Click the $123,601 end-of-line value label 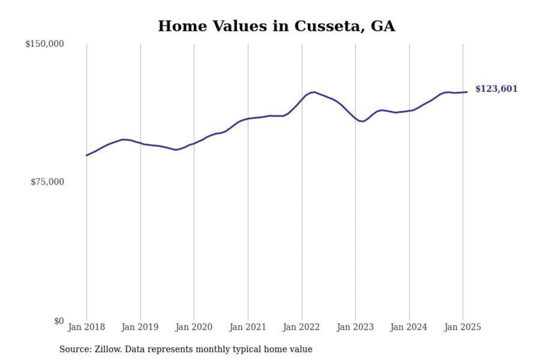(496, 89)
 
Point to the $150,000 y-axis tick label (45, 44)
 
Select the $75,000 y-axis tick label (47, 182)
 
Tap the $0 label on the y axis (59, 321)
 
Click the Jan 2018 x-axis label (86, 327)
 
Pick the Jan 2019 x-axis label (140, 327)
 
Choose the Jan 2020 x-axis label (194, 327)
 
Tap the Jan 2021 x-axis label (247, 327)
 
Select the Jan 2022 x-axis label (301, 327)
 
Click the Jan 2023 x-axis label (355, 327)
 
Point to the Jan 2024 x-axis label (408, 327)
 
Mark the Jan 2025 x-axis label (462, 327)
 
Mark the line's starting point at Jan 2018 (87, 155)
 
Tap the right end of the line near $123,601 (467, 92)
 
